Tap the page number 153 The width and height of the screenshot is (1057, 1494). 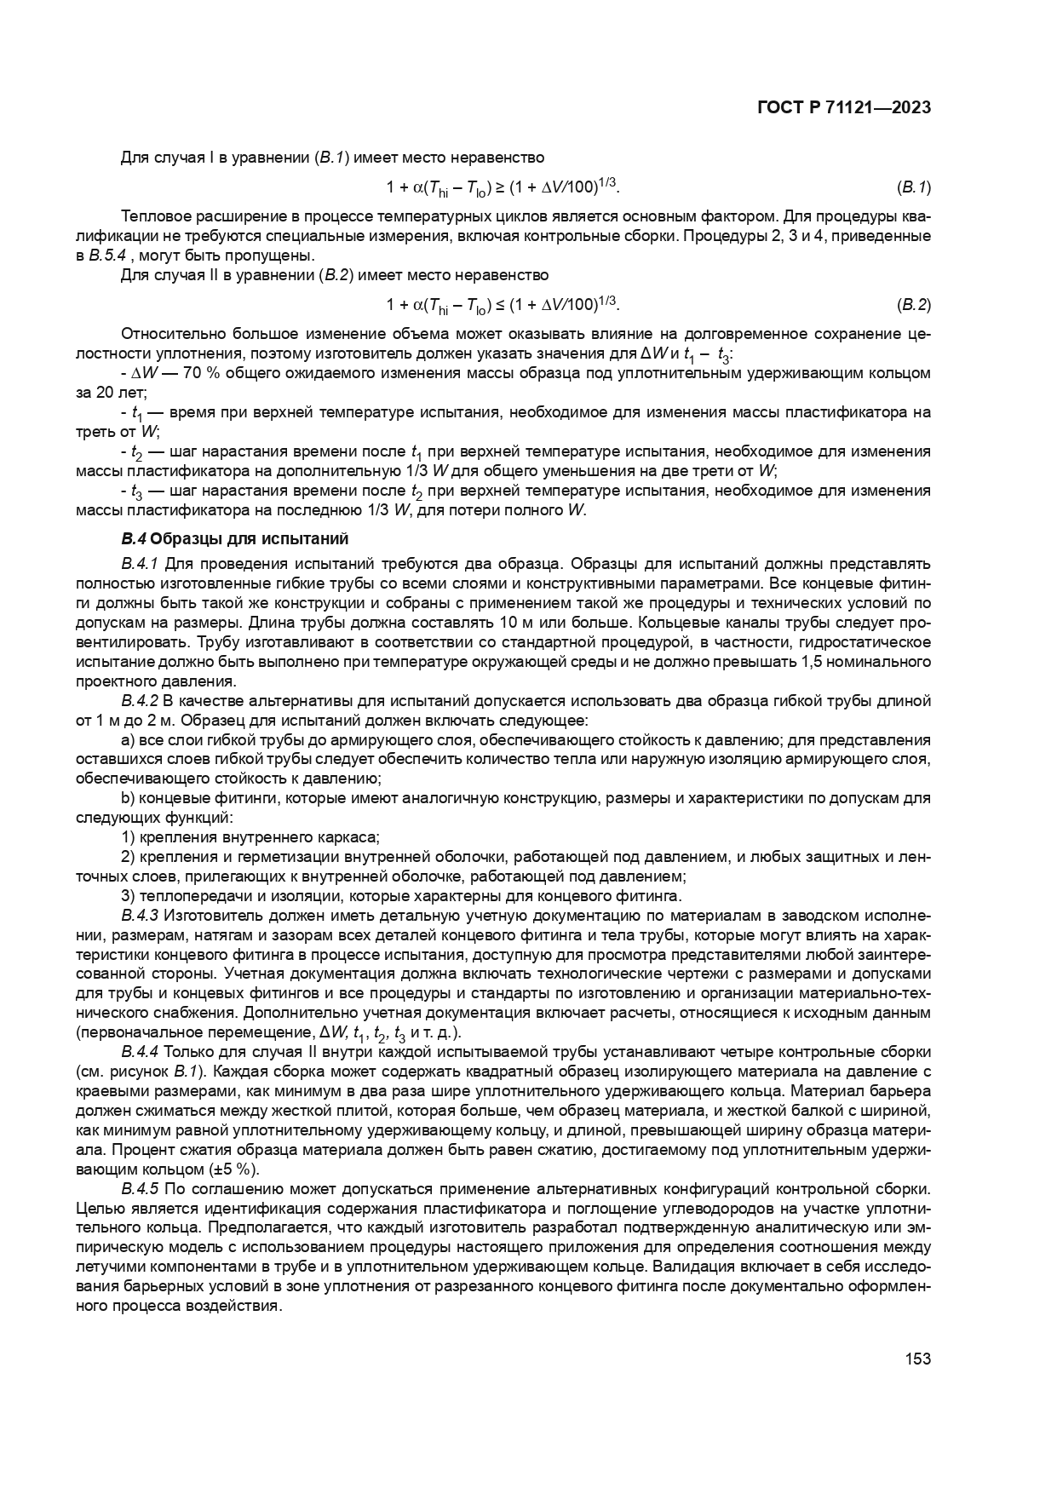(917, 1359)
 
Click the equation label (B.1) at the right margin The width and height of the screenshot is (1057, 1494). (914, 187)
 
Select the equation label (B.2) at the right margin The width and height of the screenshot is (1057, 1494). (914, 305)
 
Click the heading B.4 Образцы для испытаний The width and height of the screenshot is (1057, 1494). (235, 539)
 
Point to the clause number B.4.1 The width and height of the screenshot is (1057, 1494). (140, 564)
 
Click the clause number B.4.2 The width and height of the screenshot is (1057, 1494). (140, 701)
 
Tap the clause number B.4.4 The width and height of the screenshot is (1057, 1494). (140, 1053)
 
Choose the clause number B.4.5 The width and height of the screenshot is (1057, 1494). (140, 1189)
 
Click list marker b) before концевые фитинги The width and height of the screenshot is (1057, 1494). (128, 799)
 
